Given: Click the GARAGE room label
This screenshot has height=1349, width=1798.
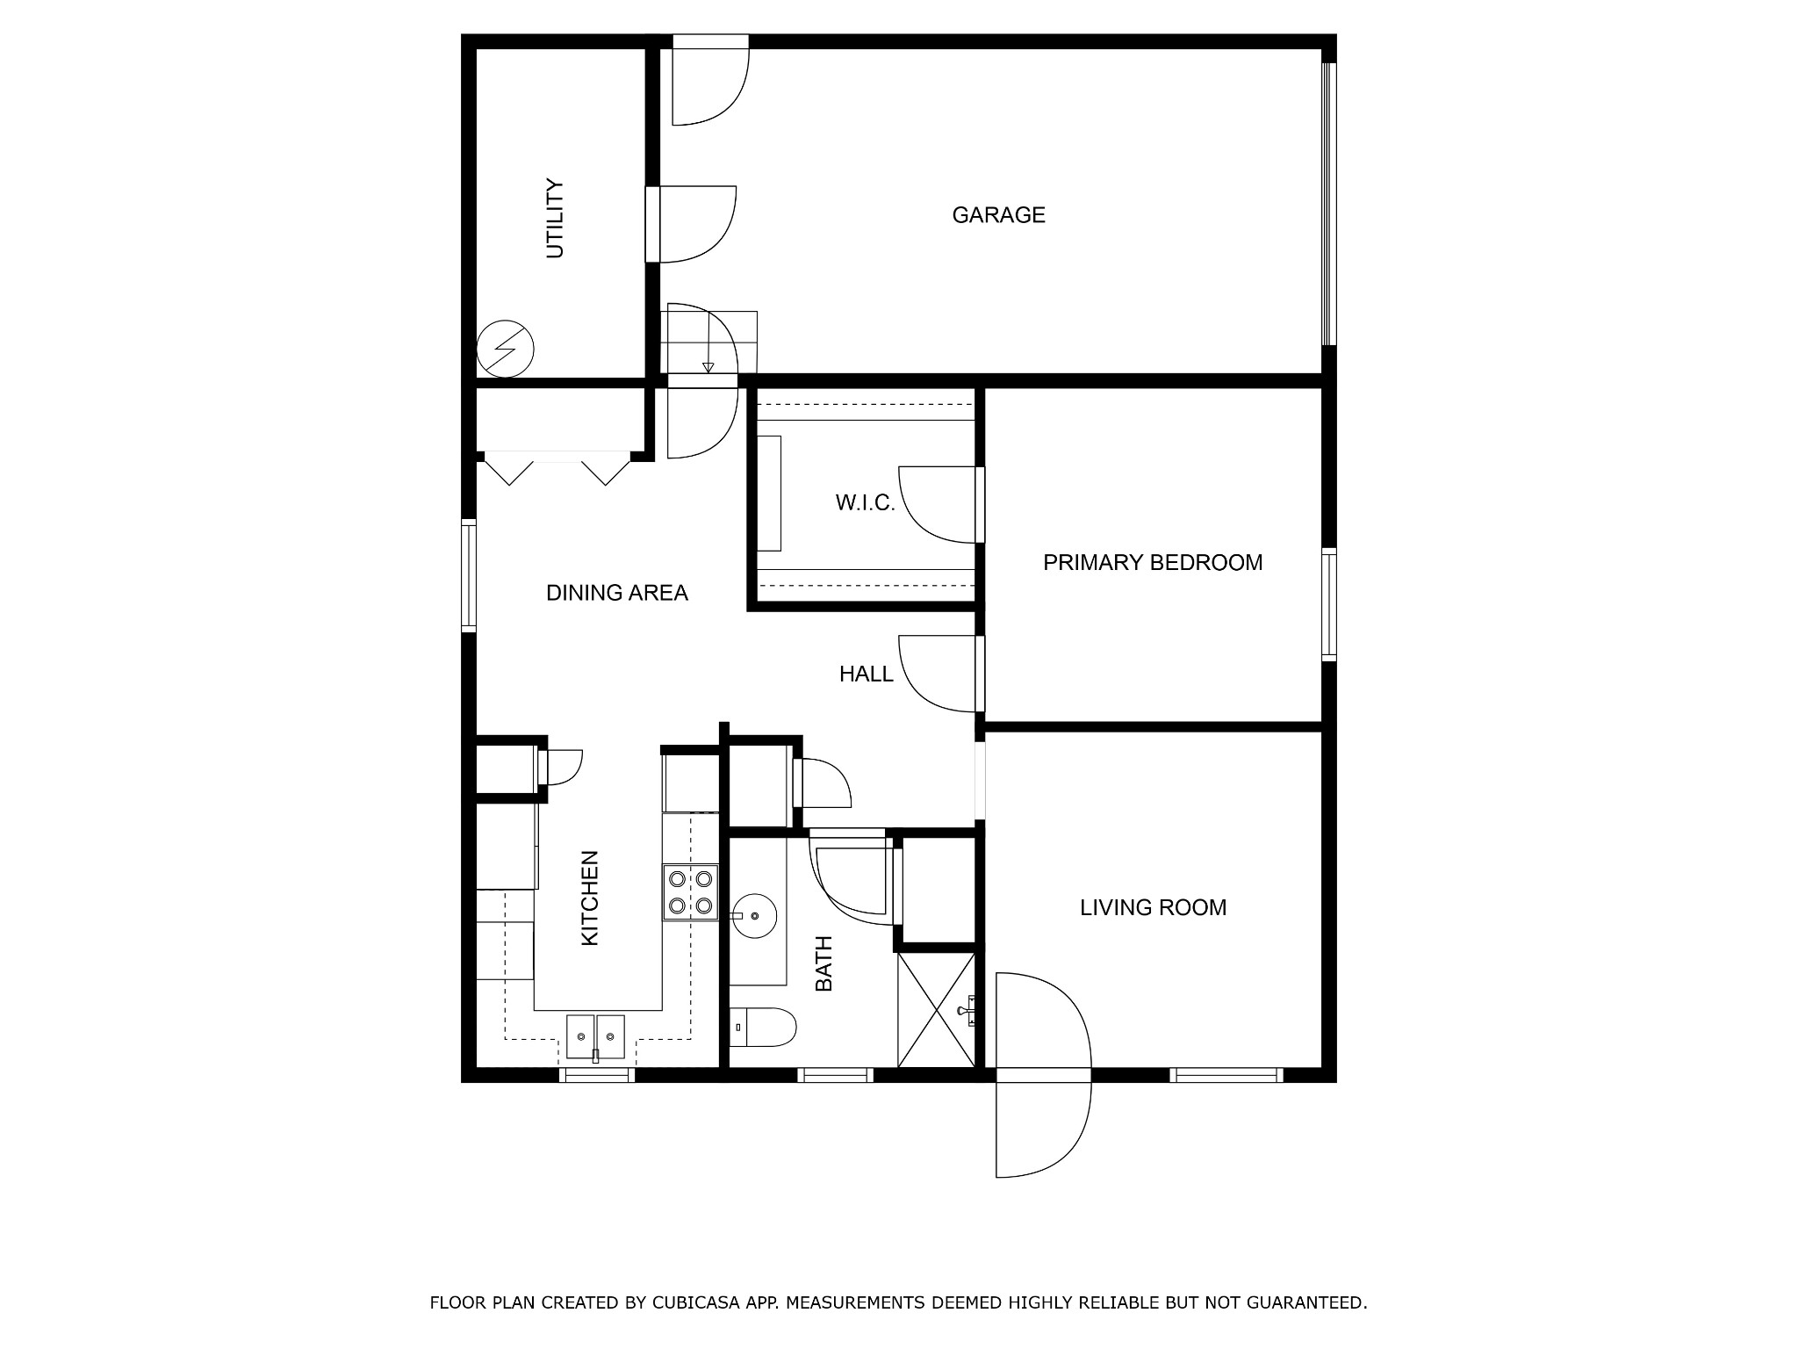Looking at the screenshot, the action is pyautogui.click(x=998, y=215).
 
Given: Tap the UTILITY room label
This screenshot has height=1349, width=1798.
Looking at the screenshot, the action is pyautogui.click(x=555, y=219).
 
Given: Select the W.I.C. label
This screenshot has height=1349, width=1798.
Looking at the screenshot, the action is pyautogui.click(x=865, y=503).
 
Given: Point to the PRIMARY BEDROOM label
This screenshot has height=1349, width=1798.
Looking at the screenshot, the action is pyautogui.click(x=1153, y=563).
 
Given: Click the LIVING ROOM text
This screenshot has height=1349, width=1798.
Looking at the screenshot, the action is pyautogui.click(x=1153, y=908).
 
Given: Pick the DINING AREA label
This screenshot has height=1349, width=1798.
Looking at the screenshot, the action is pyautogui.click(x=617, y=594).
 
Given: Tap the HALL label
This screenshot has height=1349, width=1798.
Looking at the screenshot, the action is pyautogui.click(x=867, y=674).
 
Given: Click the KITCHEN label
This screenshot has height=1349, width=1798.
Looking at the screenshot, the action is pyautogui.click(x=590, y=898).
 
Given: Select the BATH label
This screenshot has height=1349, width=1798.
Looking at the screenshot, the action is pyautogui.click(x=823, y=964).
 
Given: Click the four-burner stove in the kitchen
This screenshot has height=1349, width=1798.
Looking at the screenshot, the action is pyautogui.click(x=691, y=892).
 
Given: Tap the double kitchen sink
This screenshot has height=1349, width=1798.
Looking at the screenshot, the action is pyautogui.click(x=595, y=1037).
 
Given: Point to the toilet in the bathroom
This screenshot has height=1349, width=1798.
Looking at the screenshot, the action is pyautogui.click(x=763, y=1027).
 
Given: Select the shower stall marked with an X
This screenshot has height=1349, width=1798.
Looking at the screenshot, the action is pyautogui.click(x=937, y=1010).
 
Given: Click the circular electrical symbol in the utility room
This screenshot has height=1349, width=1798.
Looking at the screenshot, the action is pyautogui.click(x=505, y=349).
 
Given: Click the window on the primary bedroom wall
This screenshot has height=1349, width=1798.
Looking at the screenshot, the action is pyautogui.click(x=1329, y=604).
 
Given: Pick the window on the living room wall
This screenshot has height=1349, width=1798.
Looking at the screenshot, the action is pyautogui.click(x=1226, y=1075).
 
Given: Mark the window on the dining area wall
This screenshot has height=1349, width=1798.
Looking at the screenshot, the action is pyautogui.click(x=469, y=576).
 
